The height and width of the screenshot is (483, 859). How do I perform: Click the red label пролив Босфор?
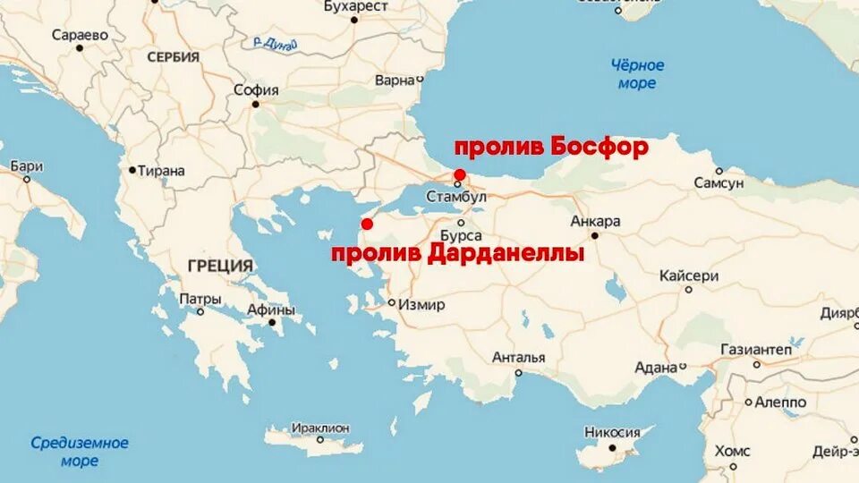pyautogui.click(x=551, y=147)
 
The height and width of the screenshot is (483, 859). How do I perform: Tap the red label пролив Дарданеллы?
pyautogui.click(x=457, y=254)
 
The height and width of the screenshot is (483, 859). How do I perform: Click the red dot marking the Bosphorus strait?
pyautogui.click(x=459, y=174)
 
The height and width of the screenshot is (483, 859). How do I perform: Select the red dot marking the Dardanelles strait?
pyautogui.click(x=366, y=224)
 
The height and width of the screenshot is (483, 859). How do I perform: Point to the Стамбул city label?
pyautogui.click(x=456, y=196)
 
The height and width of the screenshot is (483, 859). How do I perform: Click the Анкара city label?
pyautogui.click(x=595, y=221)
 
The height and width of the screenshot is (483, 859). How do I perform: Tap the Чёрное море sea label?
pyautogui.click(x=637, y=74)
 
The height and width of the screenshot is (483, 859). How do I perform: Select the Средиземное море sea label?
pyautogui.click(x=80, y=452)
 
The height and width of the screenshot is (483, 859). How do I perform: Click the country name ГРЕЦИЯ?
pyautogui.click(x=220, y=266)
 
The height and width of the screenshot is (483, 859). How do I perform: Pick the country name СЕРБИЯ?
pyautogui.click(x=173, y=57)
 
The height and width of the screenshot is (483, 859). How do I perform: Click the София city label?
pyautogui.click(x=256, y=90)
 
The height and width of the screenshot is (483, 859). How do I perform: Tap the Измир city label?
pyautogui.click(x=421, y=305)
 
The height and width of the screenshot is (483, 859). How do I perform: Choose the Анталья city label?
pyautogui.click(x=518, y=358)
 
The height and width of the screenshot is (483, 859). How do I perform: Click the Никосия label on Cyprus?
pyautogui.click(x=612, y=432)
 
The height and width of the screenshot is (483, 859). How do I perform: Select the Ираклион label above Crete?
pyautogui.click(x=321, y=428)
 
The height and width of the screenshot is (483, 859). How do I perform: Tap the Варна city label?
pyautogui.click(x=395, y=80)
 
